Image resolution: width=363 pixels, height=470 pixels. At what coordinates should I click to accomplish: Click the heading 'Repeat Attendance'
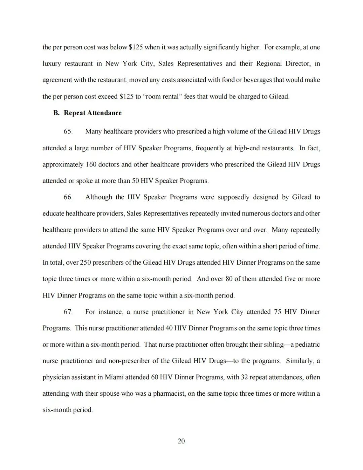92,113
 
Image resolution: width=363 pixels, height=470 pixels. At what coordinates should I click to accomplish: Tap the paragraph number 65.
68,131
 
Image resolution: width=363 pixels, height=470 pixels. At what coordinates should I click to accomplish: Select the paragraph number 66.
68,197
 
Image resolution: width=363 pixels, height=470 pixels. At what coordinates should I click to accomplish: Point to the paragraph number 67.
68,312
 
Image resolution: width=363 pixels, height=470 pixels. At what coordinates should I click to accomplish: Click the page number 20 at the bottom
181,441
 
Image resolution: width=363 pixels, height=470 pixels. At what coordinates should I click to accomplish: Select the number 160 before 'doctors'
91,164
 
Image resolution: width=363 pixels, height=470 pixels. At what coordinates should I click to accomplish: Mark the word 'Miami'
114,377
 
